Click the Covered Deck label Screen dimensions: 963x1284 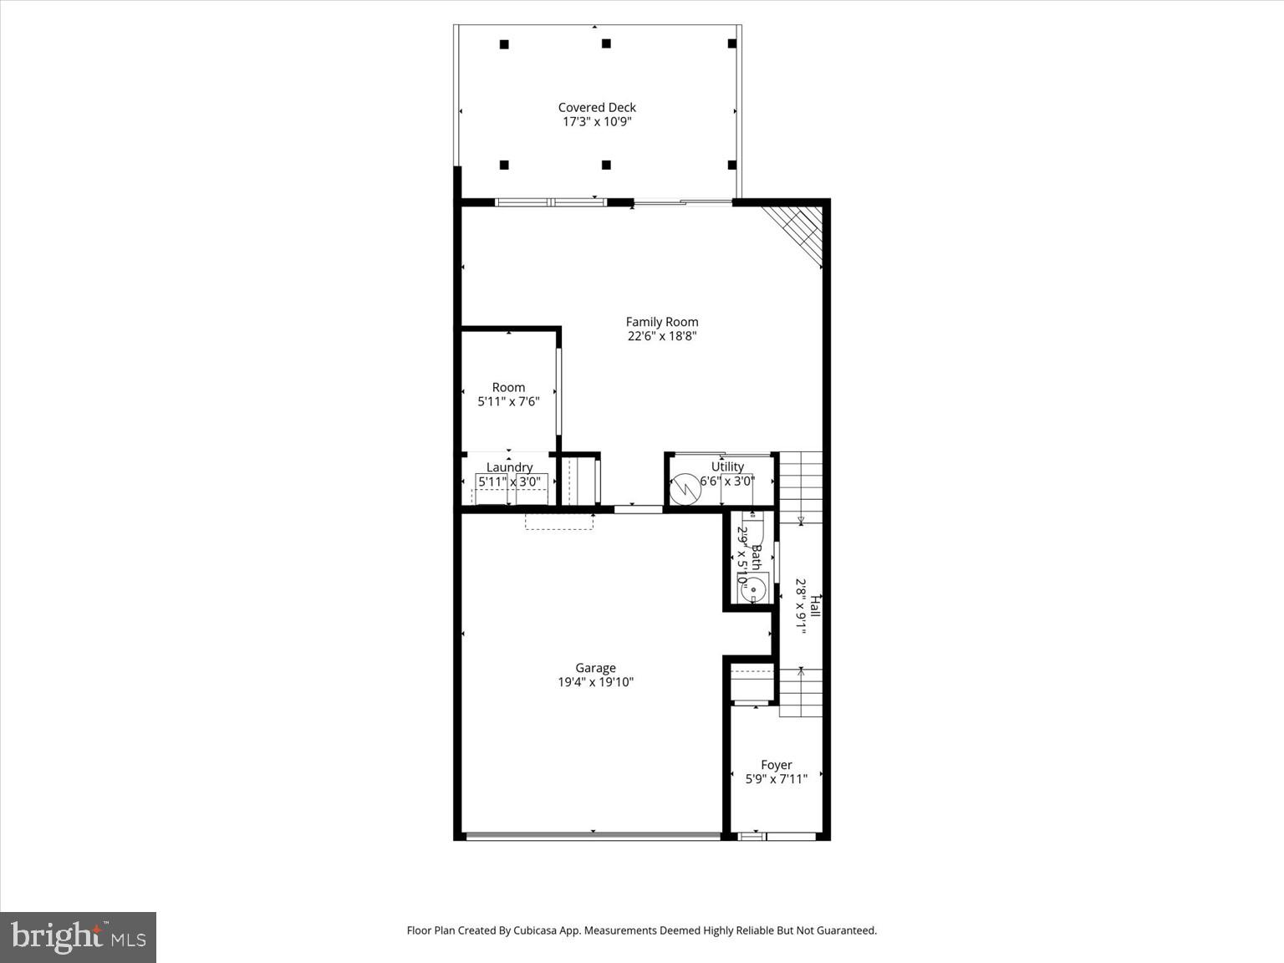[x=597, y=107]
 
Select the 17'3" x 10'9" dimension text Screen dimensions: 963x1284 [x=597, y=122]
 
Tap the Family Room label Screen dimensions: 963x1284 [x=662, y=322]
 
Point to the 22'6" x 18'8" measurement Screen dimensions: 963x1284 [x=662, y=337]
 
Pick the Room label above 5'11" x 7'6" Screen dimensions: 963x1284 [x=508, y=387]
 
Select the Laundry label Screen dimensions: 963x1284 [x=509, y=467]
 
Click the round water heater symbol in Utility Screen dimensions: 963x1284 [x=685, y=489]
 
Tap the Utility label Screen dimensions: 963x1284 [x=727, y=466]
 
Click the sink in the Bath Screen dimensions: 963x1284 [x=752, y=589]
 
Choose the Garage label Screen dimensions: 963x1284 [x=595, y=668]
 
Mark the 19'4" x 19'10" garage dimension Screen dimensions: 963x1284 [x=595, y=682]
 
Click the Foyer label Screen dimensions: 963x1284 [x=776, y=765]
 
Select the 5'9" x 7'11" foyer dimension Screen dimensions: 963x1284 [x=776, y=779]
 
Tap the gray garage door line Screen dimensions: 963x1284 [x=593, y=835]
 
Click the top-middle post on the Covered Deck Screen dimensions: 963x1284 [x=606, y=43]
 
